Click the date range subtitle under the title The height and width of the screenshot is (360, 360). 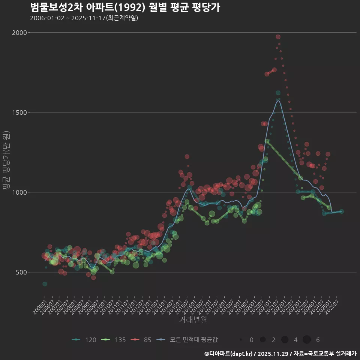(84, 18)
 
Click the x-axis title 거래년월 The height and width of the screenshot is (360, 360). (193, 320)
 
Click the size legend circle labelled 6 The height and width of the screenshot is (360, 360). (307, 340)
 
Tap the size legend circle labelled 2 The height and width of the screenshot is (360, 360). (262, 340)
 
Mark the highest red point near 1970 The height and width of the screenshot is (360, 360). (278, 37)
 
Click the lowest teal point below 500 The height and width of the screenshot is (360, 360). (45, 284)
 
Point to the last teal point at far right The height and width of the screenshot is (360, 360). (341, 211)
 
